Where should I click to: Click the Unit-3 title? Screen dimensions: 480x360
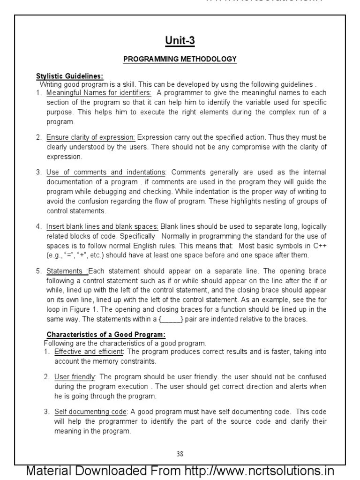pyautogui.click(x=180, y=41)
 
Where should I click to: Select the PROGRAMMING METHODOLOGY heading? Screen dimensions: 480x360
pyautogui.click(x=180, y=59)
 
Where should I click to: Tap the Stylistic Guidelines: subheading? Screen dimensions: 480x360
pyautogui.click(x=70, y=76)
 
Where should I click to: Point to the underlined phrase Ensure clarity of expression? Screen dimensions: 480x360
pyautogui.click(x=90, y=137)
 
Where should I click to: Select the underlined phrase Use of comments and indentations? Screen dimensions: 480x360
pyautogui.click(x=105, y=172)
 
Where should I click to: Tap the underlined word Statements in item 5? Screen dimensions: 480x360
pyautogui.click(x=65, y=271)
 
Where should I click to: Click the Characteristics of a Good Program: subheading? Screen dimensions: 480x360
pyautogui.click(x=106, y=334)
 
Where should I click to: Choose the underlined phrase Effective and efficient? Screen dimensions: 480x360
pyautogui.click(x=89, y=352)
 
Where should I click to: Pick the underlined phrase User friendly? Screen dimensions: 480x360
pyautogui.click(x=75, y=377)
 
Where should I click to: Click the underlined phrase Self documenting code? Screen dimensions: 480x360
pyautogui.click(x=91, y=412)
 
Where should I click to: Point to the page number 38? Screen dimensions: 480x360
pyautogui.click(x=180, y=453)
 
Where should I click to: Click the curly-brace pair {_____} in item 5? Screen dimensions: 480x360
pyautogui.click(x=172, y=319)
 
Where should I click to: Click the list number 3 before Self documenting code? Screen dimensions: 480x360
pyautogui.click(x=46, y=412)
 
